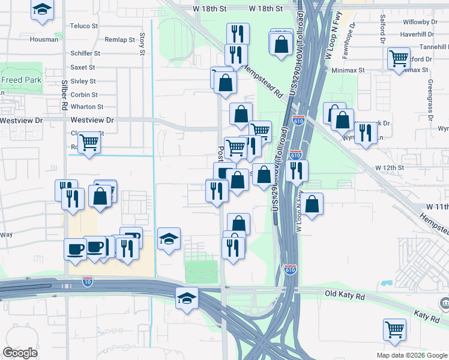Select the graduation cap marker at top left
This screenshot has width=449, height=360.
click(42, 10)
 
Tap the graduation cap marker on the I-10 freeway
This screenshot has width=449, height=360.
click(187, 297)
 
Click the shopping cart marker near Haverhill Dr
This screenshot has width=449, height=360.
click(399, 59)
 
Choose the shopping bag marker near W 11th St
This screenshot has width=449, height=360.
click(312, 204)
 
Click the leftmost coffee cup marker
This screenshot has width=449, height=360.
click(76, 249)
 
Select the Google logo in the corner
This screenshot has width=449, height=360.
click(20, 353)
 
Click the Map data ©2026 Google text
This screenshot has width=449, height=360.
click(412, 355)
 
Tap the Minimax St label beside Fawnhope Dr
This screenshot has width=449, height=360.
click(348, 70)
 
